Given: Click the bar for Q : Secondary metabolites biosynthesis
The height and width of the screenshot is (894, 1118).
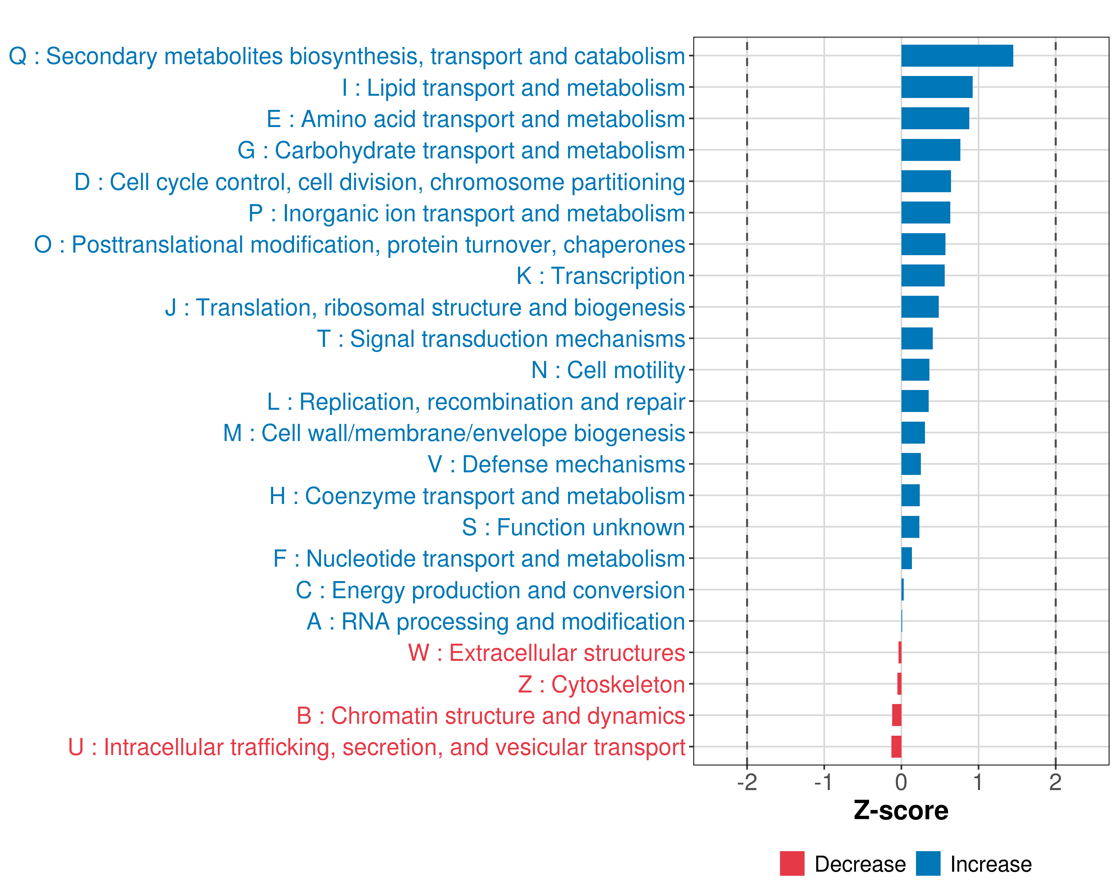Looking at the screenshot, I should (957, 56).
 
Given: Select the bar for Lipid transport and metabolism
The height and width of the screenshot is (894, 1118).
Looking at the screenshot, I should (937, 87).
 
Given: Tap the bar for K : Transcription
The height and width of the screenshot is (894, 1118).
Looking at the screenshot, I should (922, 276).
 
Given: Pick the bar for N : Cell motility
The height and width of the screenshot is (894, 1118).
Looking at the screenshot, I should (915, 370).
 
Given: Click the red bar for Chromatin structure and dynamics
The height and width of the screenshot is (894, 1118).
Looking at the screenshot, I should (897, 715).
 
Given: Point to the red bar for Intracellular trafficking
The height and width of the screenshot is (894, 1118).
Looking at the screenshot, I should (896, 747).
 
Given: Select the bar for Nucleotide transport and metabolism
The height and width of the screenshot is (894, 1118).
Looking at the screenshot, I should (906, 558).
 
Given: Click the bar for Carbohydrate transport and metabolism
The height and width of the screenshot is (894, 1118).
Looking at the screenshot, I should (930, 150).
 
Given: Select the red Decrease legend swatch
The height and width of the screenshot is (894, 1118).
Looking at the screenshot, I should (792, 863).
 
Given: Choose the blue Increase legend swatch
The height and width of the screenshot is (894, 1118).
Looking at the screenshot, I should (928, 863).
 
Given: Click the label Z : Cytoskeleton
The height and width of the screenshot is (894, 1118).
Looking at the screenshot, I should (601, 685).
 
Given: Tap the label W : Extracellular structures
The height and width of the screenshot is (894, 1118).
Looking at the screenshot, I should (547, 653).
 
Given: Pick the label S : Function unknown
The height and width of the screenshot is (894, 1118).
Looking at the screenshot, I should (574, 527).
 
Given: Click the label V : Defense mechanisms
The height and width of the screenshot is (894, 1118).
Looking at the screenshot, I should (556, 465).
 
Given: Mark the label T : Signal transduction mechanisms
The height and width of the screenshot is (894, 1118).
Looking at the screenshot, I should (501, 339).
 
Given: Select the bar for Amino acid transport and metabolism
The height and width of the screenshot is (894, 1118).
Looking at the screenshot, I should (935, 119).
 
